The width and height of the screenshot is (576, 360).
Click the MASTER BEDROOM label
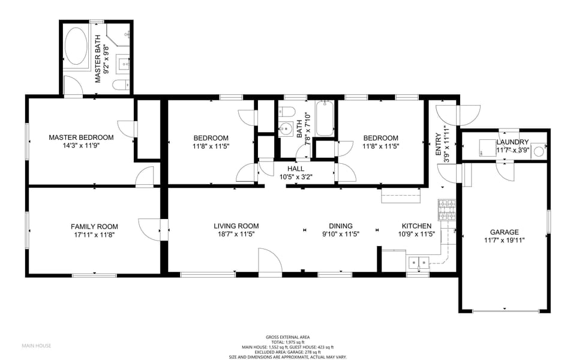pyautogui.click(x=81, y=137)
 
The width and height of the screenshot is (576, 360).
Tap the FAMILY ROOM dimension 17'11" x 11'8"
pyautogui.click(x=94, y=235)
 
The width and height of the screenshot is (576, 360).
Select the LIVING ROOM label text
pyautogui.click(x=236, y=226)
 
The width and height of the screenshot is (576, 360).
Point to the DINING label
pyautogui.click(x=340, y=226)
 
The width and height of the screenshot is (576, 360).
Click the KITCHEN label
pyautogui.click(x=416, y=226)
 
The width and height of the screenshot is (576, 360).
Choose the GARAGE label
pyautogui.click(x=504, y=232)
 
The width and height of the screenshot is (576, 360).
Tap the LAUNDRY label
pyautogui.click(x=512, y=142)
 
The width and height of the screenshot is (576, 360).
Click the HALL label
pyautogui.click(x=296, y=169)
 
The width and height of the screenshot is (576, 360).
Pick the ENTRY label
pyautogui.click(x=438, y=145)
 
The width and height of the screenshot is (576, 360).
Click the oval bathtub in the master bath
pyautogui.click(x=76, y=46)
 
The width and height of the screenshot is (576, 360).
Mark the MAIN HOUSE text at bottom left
pyautogui.click(x=37, y=346)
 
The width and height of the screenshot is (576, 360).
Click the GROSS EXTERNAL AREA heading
pyautogui.click(x=287, y=337)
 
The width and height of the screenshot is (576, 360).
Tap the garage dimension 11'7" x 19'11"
pyautogui.click(x=504, y=241)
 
